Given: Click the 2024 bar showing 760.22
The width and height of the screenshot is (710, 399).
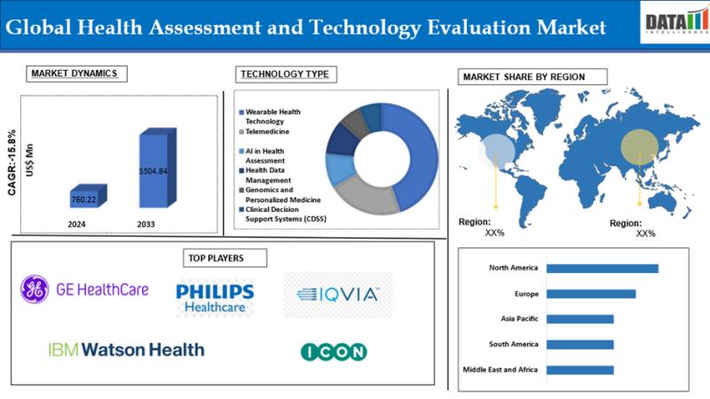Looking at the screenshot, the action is pyautogui.click(x=88, y=196).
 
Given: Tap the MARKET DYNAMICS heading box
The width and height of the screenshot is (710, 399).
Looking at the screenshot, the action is pyautogui.click(x=76, y=74).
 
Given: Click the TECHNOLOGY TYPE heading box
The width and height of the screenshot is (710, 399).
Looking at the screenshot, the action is pyautogui.click(x=286, y=74).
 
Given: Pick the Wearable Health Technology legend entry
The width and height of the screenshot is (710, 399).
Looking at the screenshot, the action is pyautogui.click(x=270, y=116).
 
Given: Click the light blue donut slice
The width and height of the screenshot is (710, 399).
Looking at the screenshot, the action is pyautogui.click(x=340, y=169).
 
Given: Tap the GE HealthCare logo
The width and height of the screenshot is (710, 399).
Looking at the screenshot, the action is pyautogui.click(x=84, y=290).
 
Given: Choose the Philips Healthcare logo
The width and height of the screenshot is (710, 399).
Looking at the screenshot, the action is pyautogui.click(x=215, y=298).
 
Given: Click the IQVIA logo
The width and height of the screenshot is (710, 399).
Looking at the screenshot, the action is pyautogui.click(x=338, y=294).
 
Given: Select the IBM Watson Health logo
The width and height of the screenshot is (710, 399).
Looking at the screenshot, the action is pyautogui.click(x=126, y=349).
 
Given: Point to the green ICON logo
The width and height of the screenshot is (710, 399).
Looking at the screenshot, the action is pyautogui.click(x=334, y=352).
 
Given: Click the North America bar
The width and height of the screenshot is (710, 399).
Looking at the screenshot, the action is pyautogui.click(x=603, y=269).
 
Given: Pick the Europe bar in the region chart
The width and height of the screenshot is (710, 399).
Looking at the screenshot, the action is pyautogui.click(x=591, y=294).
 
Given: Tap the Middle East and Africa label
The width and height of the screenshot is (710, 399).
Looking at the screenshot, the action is pyautogui.click(x=501, y=370).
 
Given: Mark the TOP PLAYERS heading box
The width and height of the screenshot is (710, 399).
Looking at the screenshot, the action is pyautogui.click(x=225, y=258).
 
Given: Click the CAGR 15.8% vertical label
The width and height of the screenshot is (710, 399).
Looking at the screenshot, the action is pyautogui.click(x=12, y=163).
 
